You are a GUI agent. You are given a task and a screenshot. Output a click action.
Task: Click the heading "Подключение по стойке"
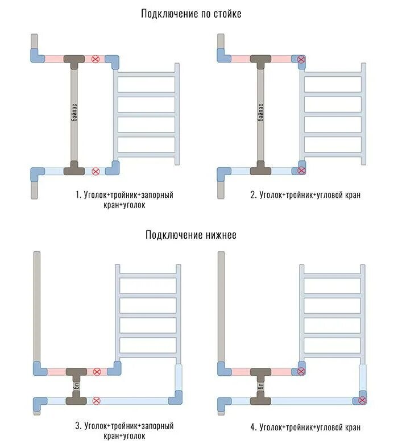point(191,14)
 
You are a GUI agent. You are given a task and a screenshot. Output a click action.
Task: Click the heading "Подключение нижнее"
point(191,235)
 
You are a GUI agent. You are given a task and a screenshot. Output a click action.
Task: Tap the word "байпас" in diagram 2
point(260,113)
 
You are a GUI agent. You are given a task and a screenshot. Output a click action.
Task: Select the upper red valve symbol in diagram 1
point(96,59)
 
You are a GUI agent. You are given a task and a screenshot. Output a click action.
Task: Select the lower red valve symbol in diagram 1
point(96,170)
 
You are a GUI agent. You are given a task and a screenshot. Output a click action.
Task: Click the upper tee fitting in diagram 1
point(74,59)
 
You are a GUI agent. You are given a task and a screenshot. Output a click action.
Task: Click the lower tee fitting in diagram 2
point(260,169)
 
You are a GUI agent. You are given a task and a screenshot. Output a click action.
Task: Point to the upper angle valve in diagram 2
point(300,59)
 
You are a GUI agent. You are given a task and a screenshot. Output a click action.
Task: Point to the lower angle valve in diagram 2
point(300,170)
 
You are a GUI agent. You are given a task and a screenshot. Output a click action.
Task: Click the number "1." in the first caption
point(79,195)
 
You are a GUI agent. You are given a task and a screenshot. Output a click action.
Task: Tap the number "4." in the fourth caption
point(253,427)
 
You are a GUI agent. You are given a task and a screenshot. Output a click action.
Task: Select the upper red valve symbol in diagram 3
point(97,372)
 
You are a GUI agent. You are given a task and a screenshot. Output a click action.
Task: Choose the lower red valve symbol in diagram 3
point(97,400)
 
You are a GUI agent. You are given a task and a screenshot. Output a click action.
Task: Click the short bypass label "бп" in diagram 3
point(76,386)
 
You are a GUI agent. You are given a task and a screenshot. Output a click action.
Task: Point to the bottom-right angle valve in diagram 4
point(362,400)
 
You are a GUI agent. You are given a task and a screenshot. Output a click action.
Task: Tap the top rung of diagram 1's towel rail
point(146,73)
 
